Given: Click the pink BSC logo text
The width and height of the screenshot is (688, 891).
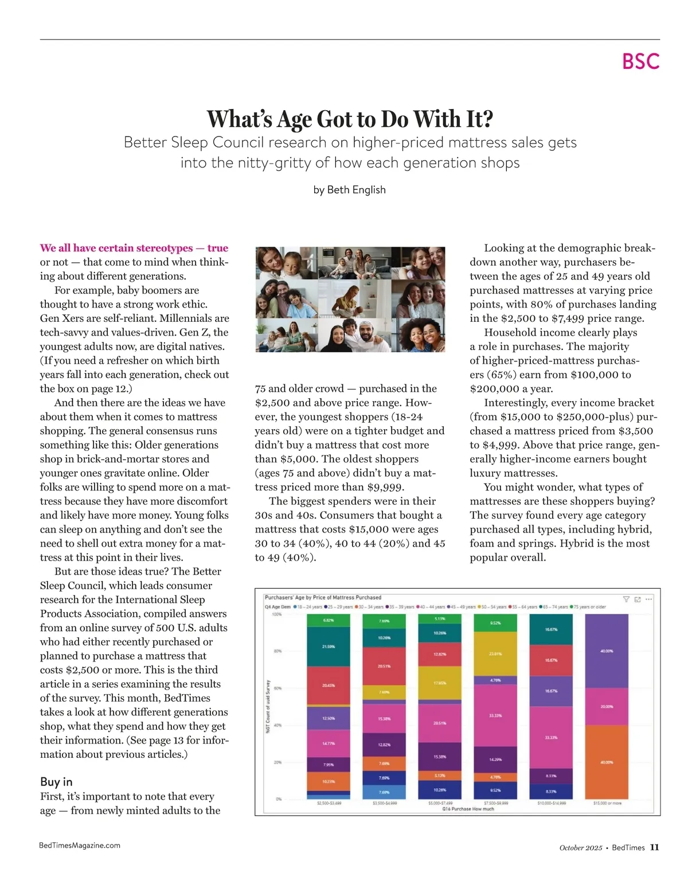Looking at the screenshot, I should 640,61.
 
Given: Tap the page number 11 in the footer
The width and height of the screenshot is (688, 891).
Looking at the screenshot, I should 654,847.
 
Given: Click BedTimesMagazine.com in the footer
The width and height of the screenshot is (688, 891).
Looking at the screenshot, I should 80,845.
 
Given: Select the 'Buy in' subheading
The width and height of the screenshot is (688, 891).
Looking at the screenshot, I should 56,781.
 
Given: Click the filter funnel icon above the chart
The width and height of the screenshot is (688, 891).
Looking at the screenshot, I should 626,600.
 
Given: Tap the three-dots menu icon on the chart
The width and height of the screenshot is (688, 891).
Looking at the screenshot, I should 649,600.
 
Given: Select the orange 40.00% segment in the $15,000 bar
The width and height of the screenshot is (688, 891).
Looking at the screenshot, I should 607,762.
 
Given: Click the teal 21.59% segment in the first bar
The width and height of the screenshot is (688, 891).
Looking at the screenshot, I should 329,646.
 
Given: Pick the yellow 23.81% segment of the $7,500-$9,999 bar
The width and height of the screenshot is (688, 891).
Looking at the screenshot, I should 495,653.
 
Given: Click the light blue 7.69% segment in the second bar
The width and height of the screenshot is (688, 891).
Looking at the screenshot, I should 384,792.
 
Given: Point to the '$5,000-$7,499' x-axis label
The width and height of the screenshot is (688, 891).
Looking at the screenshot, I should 440,803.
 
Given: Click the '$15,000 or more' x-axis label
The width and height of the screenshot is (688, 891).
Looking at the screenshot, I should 607,803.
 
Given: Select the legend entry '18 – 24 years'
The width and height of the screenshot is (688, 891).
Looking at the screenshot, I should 308,607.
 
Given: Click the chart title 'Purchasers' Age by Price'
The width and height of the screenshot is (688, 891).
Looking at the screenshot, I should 323,597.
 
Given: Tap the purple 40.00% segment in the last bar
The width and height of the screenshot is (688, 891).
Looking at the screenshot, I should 607,651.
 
